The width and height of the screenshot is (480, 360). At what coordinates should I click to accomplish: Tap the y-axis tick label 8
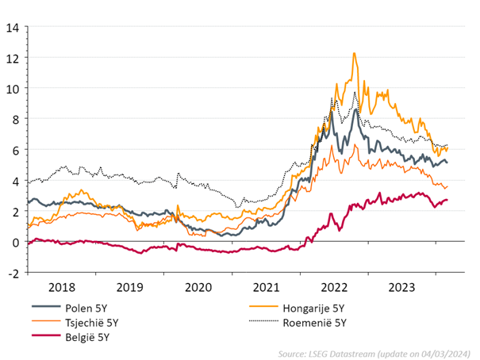pyautogui.click(x=13, y=120)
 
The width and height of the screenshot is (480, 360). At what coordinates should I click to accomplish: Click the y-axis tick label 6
pyautogui.click(x=13, y=151)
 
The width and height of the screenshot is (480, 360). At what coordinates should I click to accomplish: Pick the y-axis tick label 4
pyautogui.click(x=13, y=181)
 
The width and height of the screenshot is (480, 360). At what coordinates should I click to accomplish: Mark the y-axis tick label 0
pyautogui.click(x=13, y=243)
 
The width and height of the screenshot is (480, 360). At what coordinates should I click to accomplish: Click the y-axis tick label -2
pyautogui.click(x=11, y=273)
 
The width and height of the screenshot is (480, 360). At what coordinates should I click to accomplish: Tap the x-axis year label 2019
pyautogui.click(x=130, y=287)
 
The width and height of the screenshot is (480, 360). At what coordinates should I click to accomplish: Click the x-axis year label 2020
pyautogui.click(x=198, y=287)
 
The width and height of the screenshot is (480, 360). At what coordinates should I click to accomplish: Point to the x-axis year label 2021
pyautogui.click(x=267, y=287)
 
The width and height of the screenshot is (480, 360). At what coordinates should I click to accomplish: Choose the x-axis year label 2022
pyautogui.click(x=336, y=287)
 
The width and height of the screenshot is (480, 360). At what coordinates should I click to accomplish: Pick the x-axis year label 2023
pyautogui.click(x=405, y=287)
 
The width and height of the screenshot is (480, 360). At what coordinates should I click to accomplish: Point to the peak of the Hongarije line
pyautogui.click(x=354, y=53)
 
